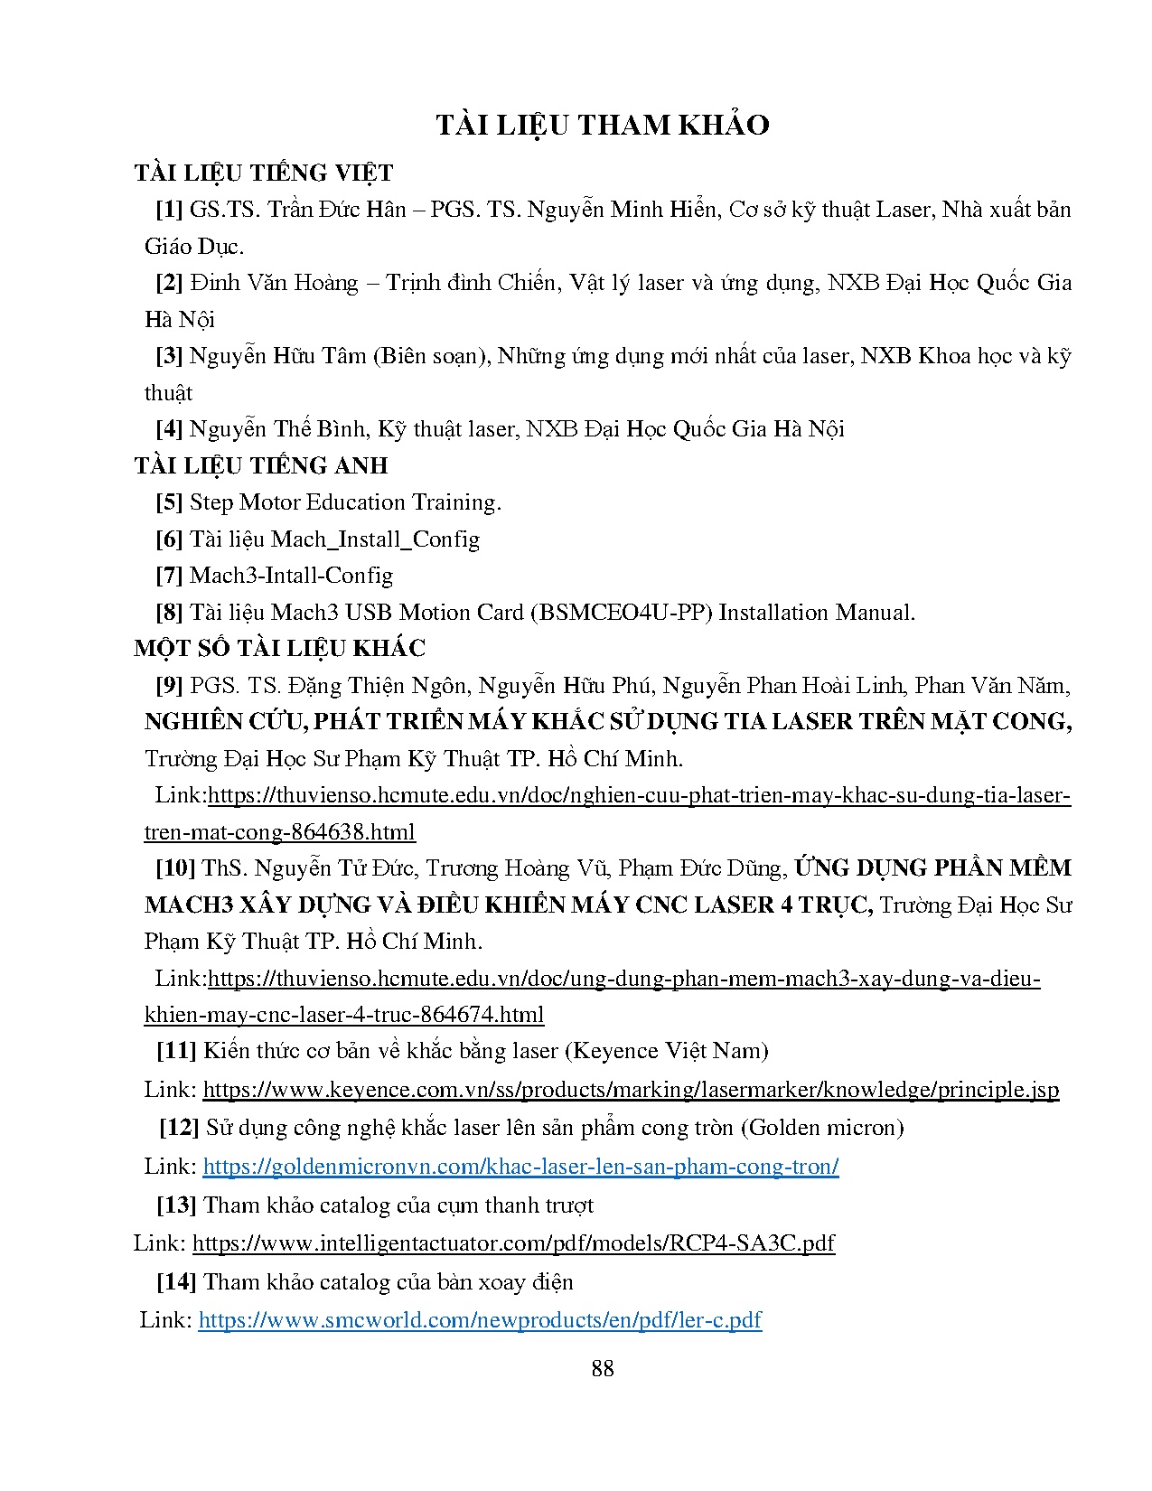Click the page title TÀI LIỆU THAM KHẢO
602,125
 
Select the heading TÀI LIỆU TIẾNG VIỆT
264,173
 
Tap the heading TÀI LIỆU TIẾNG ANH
261,465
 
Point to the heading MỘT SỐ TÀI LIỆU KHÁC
279,648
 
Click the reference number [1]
169,210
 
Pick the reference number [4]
169,428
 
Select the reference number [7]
169,575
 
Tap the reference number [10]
175,867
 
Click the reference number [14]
176,1281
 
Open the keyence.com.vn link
631,1089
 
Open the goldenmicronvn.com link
520,1166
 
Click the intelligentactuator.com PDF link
513,1242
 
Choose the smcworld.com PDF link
480,1319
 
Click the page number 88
603,1368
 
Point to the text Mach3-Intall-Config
291,575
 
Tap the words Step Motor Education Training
344,502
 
